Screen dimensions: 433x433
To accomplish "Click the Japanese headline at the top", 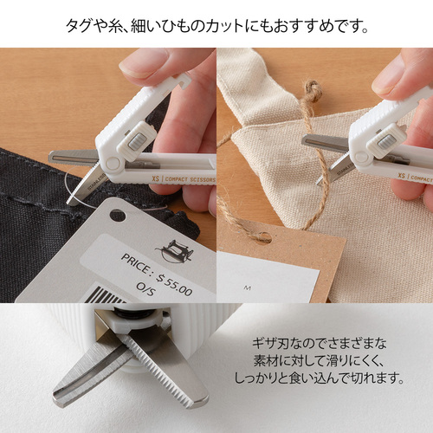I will point(216,24).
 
